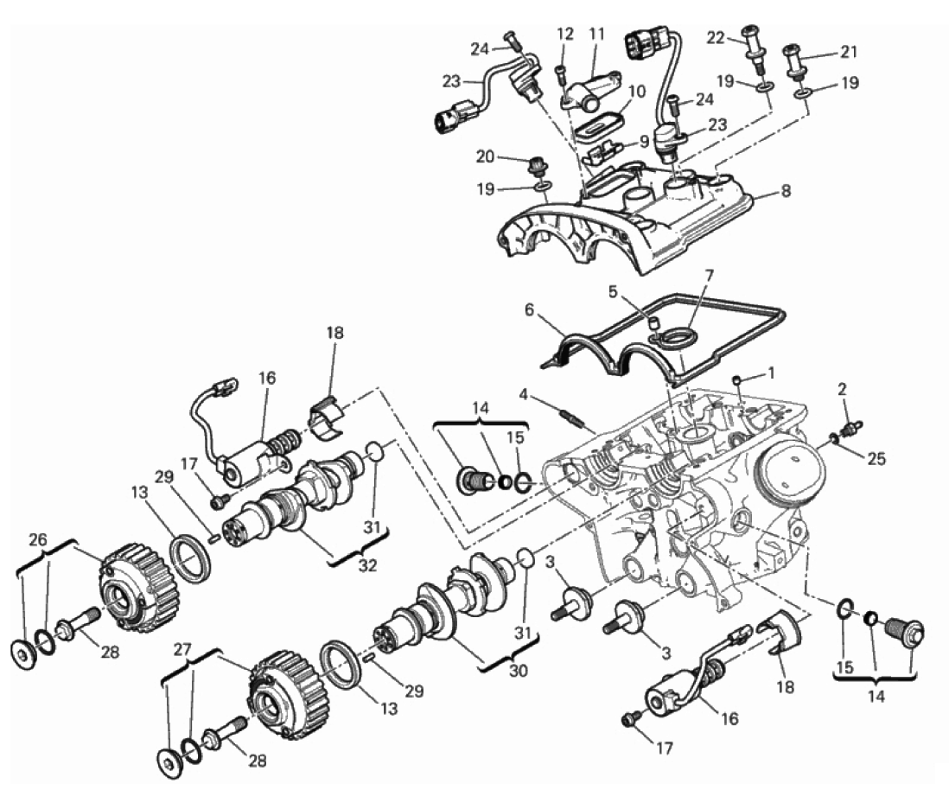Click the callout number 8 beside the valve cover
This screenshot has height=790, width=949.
click(786, 191)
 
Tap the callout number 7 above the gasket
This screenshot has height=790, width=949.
click(710, 276)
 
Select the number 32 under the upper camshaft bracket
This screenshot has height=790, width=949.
click(367, 565)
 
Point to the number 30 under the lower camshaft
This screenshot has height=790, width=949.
click(519, 671)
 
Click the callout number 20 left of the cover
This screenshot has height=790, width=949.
click(486, 156)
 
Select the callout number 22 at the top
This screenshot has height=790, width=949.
click(716, 37)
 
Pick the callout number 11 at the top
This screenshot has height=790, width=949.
click(596, 34)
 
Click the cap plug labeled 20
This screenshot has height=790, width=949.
click(535, 166)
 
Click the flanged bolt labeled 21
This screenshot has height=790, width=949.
click(794, 61)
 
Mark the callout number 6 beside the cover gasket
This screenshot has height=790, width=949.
click(530, 310)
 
